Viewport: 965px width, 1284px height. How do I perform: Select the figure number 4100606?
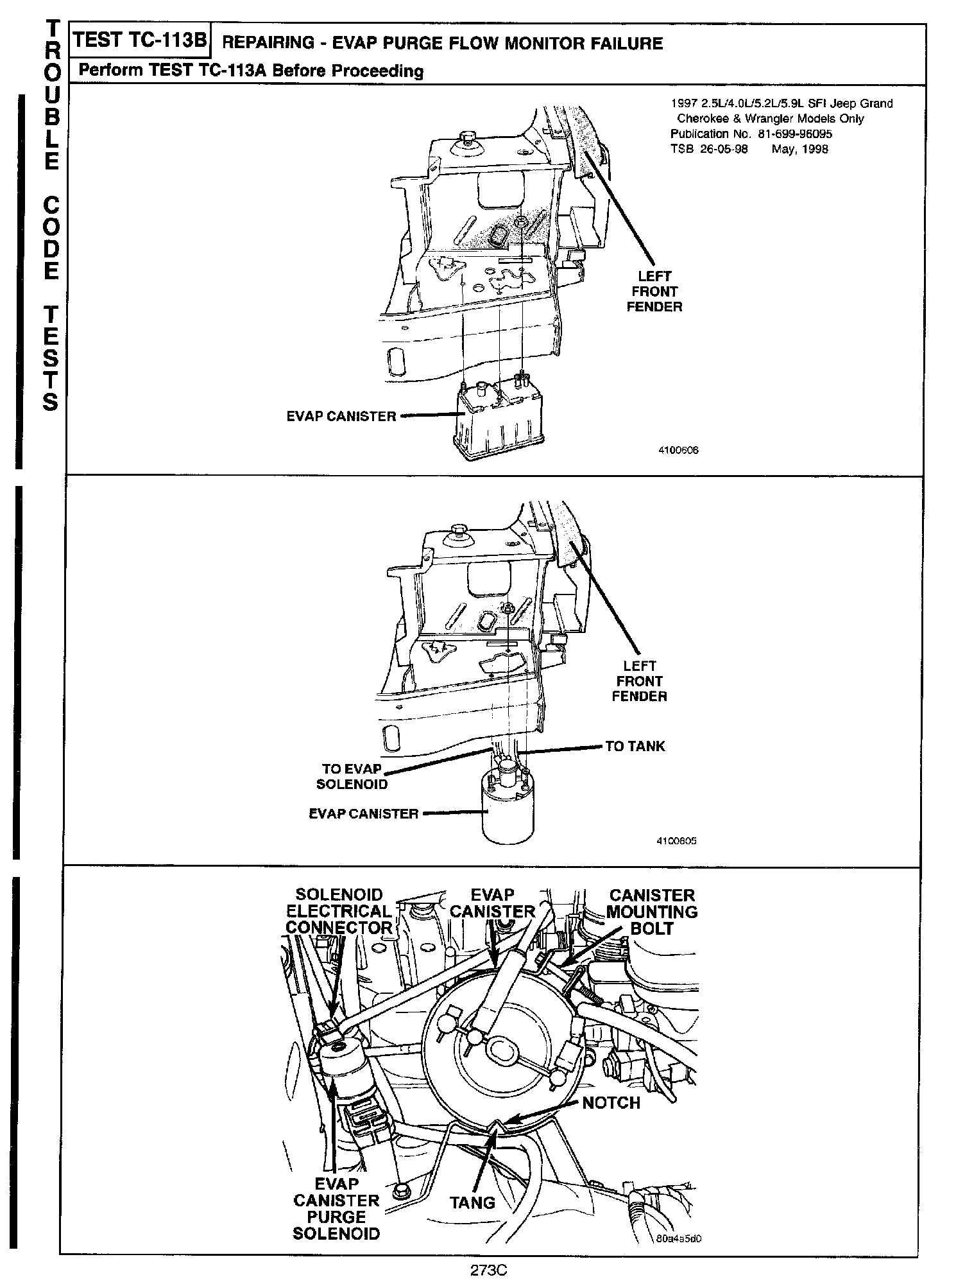[x=678, y=450]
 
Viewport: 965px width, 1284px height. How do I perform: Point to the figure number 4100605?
[x=676, y=840]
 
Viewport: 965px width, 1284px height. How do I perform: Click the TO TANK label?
[x=635, y=746]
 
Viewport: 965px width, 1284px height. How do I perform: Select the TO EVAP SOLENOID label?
[x=352, y=777]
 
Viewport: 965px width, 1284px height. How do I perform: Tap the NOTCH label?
[x=611, y=1103]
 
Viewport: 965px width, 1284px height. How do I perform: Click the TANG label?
[x=473, y=1202]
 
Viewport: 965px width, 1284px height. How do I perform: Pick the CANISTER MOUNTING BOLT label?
[x=651, y=912]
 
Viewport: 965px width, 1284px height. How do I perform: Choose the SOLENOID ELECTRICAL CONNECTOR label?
[x=339, y=912]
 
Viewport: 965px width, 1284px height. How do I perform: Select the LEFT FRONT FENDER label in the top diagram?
[x=654, y=291]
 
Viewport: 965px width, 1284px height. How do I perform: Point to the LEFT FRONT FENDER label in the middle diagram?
[x=639, y=681]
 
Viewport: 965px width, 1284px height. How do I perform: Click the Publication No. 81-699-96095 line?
[x=751, y=134]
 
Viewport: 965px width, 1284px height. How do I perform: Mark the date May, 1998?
[x=799, y=150]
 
